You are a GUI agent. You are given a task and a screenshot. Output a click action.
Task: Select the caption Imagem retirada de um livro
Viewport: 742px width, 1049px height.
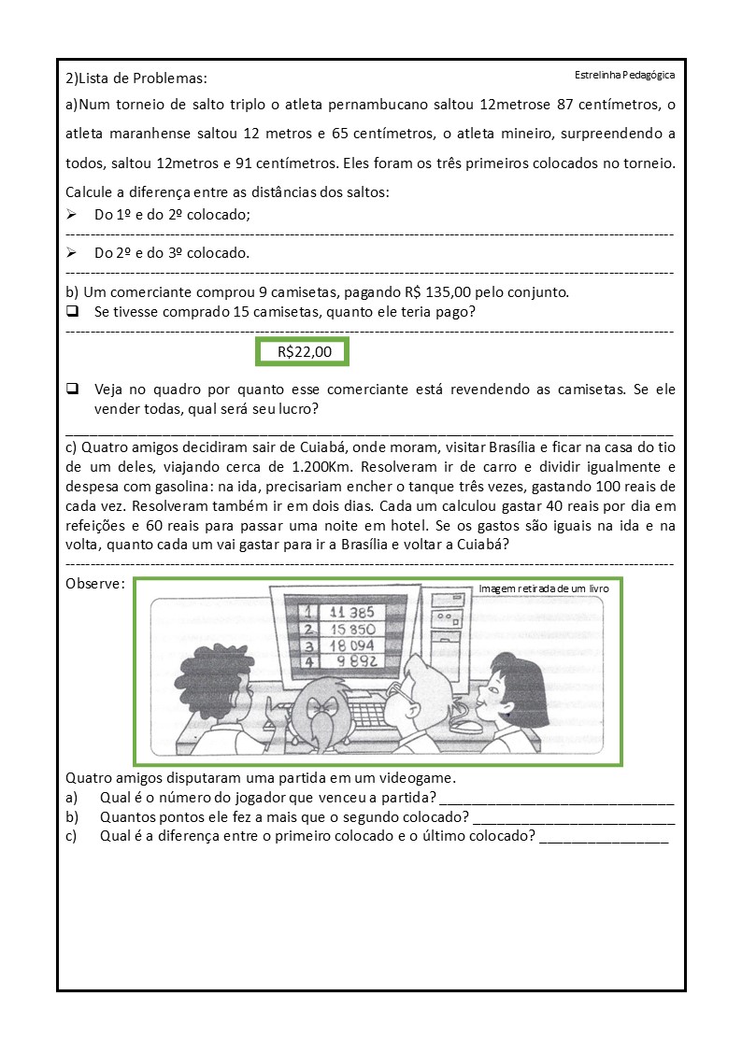(544, 589)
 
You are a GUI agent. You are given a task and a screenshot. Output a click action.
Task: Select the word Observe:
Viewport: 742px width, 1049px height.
(95, 584)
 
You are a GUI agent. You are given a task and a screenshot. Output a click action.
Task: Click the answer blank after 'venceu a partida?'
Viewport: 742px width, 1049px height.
(556, 797)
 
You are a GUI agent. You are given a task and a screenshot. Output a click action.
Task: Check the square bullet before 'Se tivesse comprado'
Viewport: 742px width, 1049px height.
(72, 311)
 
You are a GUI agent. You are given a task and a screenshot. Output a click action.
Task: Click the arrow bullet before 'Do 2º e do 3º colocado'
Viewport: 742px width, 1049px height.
(72, 252)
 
